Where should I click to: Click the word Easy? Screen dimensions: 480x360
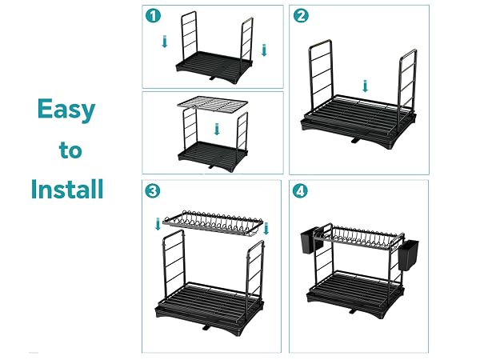(66, 110)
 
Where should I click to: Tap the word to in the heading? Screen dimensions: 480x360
(70, 150)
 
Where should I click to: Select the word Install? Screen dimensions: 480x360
(67, 189)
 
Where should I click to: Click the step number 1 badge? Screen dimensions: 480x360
(153, 16)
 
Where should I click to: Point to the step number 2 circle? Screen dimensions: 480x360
(301, 16)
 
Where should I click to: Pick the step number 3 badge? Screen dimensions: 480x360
(152, 190)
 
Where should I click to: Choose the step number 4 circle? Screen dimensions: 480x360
(300, 191)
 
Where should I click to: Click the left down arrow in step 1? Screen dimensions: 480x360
(165, 42)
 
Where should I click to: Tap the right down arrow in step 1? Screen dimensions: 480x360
(264, 50)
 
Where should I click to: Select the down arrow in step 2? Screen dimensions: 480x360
(365, 86)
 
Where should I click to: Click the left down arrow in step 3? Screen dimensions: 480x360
(158, 224)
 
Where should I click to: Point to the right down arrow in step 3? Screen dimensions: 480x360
(266, 229)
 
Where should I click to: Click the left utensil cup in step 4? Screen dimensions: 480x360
(309, 242)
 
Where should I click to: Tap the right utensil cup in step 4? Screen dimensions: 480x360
(409, 255)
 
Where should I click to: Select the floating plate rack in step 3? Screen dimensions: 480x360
(213, 223)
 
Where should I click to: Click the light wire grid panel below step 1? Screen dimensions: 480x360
(213, 104)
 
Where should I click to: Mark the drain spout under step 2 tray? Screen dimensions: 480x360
(355, 141)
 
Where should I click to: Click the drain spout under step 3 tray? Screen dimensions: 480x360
(206, 327)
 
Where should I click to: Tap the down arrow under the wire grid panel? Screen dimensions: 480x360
(217, 129)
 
